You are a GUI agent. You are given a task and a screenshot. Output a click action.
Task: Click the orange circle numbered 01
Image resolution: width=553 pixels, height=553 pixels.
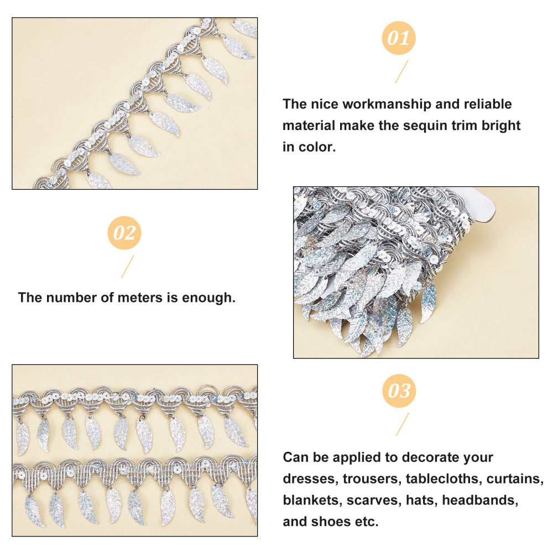(399, 38)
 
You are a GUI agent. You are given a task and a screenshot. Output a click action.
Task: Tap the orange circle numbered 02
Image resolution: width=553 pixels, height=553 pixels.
(124, 233)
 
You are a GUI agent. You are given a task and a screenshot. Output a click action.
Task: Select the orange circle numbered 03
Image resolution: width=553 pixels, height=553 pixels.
(399, 391)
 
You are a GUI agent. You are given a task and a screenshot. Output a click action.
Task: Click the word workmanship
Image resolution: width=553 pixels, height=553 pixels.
(387, 105)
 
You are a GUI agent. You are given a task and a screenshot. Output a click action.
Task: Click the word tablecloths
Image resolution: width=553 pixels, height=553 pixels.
(444, 478)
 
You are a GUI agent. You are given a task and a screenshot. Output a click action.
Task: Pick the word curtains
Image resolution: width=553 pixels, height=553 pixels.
(515, 479)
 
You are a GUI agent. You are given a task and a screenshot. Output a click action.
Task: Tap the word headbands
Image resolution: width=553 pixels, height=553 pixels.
(480, 500)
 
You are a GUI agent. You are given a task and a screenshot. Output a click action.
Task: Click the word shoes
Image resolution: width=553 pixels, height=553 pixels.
(332, 521)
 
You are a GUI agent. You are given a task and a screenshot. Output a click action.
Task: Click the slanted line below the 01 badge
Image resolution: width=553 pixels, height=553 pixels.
(401, 71)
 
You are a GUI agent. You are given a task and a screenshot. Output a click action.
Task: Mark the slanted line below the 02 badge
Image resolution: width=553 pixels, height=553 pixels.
(128, 267)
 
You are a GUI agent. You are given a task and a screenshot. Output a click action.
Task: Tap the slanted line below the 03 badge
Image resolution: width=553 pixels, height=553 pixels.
(403, 424)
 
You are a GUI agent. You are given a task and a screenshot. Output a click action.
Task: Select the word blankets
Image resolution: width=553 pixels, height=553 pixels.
(312, 500)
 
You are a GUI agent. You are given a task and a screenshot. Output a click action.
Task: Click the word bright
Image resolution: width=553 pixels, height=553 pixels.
(501, 126)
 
